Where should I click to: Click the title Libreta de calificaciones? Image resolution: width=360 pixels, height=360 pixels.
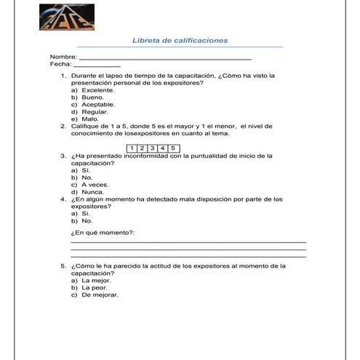pyautogui.click(x=180, y=41)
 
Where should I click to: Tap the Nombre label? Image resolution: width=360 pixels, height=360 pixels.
pyautogui.click(x=63, y=57)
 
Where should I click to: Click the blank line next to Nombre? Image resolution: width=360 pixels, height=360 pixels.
pyautogui.click(x=164, y=57)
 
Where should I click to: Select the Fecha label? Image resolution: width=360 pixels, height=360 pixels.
pyautogui.click(x=61, y=64)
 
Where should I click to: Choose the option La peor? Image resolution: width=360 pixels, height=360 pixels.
pyautogui.click(x=95, y=288)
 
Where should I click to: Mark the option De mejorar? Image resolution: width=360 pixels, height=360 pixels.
pyautogui.click(x=100, y=295)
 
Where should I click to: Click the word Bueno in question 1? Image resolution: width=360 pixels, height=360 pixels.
pyautogui.click(x=93, y=97)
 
